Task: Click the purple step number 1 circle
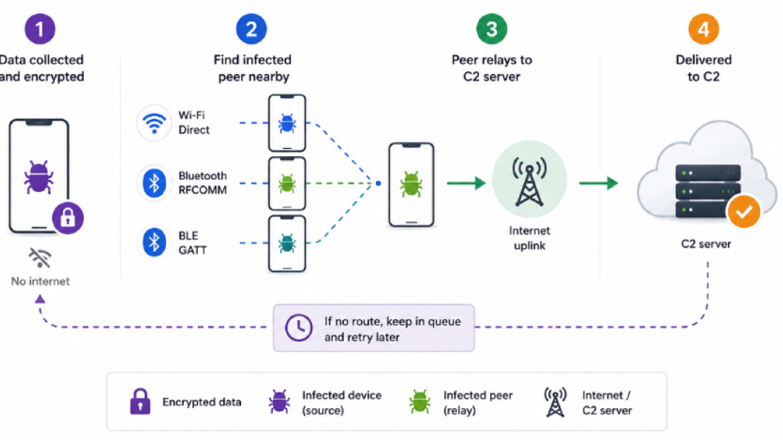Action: (40, 29)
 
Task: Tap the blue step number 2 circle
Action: (251, 29)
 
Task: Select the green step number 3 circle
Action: (492, 29)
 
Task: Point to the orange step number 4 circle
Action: (703, 29)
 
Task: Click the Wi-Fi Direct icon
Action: (154, 123)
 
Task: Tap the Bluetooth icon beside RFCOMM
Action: (154, 183)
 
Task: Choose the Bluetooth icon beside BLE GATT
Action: (154, 242)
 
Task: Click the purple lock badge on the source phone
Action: (68, 218)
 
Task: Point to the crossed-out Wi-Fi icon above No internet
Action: (40, 258)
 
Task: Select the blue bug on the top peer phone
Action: (287, 123)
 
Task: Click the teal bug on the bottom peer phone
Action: (287, 243)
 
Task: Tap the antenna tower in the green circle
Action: (529, 182)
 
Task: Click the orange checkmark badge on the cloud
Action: (744, 212)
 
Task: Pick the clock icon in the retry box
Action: (299, 327)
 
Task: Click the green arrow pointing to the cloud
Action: (598, 183)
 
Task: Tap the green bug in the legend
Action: (420, 401)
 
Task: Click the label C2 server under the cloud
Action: (706, 244)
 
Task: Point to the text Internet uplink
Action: (529, 238)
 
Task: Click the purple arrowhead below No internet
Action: (40, 299)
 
